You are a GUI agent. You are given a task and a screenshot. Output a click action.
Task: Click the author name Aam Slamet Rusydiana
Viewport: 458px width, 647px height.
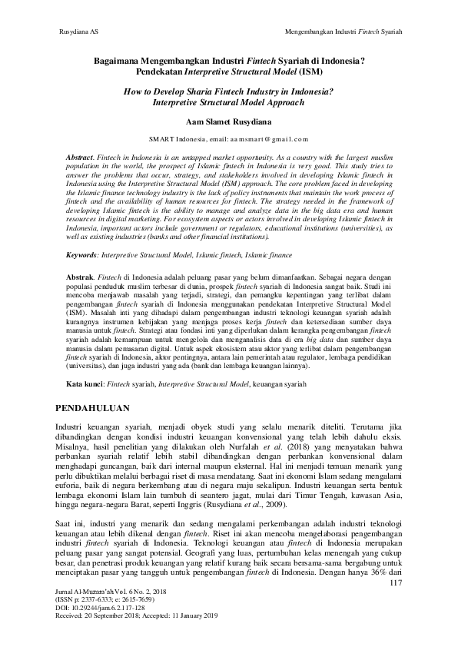(229, 121)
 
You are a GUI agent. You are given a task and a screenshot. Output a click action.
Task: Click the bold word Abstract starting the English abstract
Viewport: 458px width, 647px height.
(81, 156)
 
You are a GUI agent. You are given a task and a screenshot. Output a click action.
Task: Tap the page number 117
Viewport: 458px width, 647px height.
(397, 583)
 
